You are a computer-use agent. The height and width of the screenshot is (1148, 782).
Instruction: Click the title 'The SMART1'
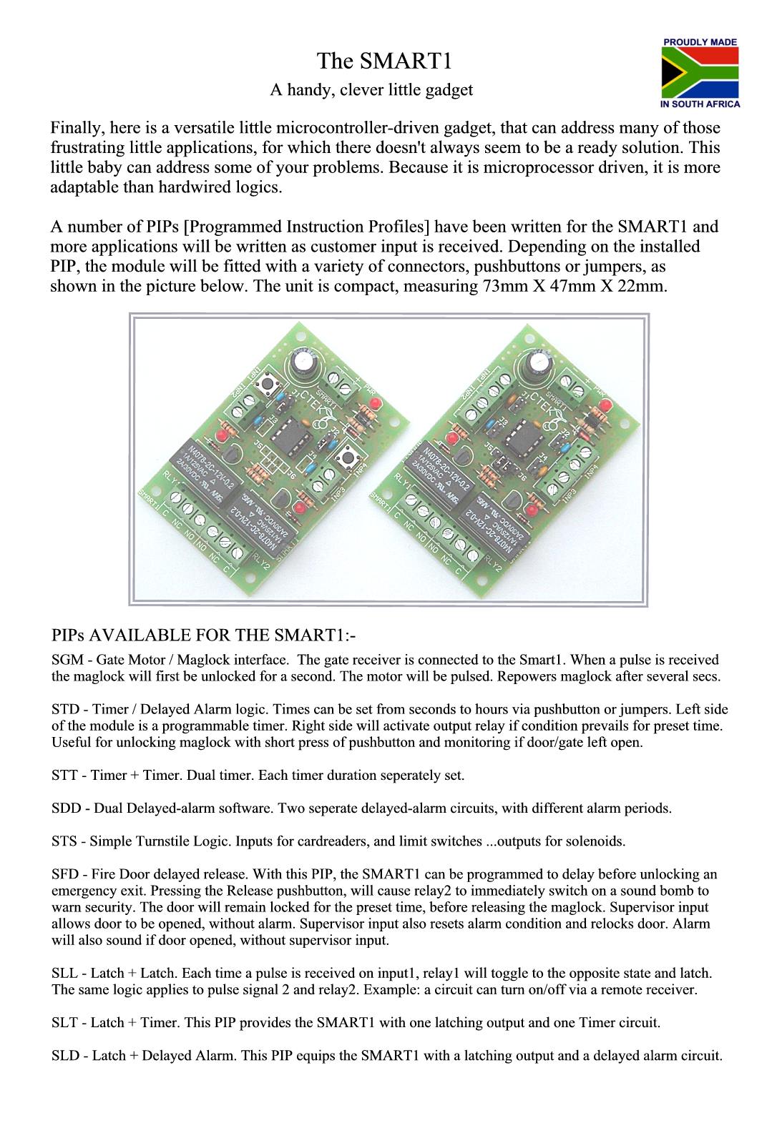pos(384,61)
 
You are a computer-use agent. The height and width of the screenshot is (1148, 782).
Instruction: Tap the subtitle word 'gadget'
pos(450,90)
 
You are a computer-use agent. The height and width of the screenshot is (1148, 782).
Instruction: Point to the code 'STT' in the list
pos(64,775)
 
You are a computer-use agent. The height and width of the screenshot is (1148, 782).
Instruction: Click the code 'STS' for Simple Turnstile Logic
pos(64,841)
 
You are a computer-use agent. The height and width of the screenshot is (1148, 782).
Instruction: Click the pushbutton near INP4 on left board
pos(348,455)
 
